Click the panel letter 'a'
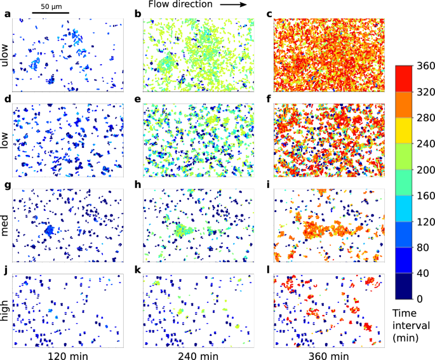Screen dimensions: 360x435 tap(6, 14)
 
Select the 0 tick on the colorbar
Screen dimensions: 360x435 tap(420, 298)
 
